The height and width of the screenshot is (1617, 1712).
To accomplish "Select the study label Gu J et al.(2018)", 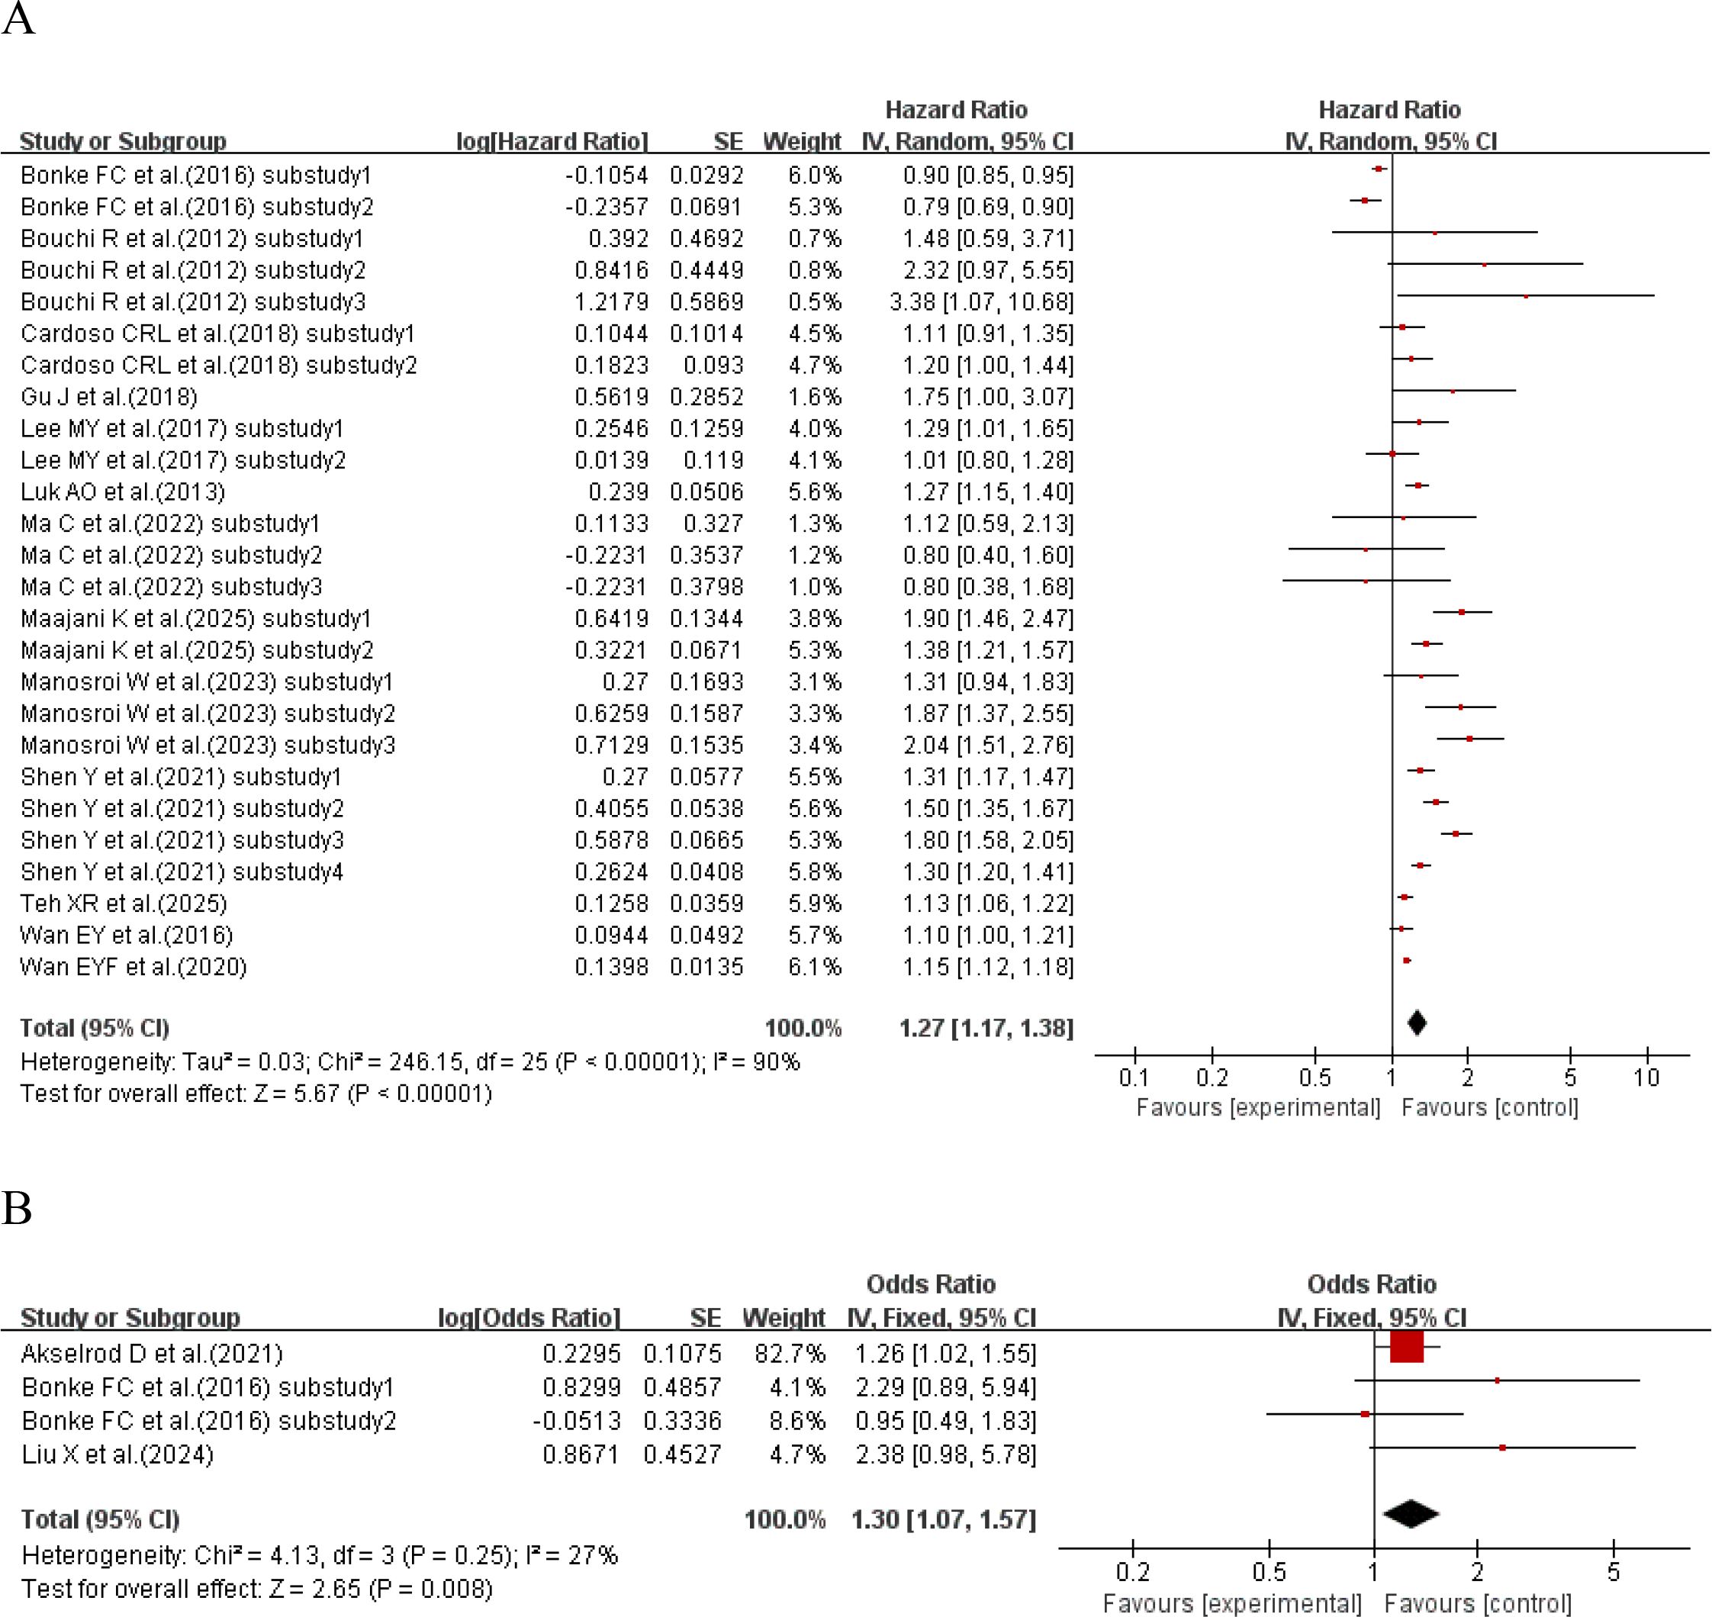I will pos(108,397).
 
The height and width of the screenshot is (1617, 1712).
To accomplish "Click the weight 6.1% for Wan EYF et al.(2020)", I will pos(814,966).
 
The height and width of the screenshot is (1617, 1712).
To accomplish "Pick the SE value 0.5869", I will pos(706,301).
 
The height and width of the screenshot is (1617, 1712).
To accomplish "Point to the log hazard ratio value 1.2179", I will pos(611,301).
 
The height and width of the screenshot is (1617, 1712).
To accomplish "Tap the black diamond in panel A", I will pos(1417,1023).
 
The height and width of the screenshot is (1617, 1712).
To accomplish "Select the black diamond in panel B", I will pos(1411,1513).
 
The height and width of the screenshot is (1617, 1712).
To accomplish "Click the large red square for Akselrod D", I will pos(1406,1347).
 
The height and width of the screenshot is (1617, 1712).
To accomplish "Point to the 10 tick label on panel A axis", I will pos(1646,1077).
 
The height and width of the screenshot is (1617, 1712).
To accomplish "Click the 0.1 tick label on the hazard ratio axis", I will pos(1134,1077).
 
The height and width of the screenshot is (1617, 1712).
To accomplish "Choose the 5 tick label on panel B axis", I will pos(1613,1572).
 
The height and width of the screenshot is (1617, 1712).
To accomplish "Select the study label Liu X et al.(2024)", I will pos(117,1454).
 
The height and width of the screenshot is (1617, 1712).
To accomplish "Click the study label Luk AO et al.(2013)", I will pos(122,491).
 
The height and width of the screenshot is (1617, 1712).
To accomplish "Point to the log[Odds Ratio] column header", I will pos(529,1317).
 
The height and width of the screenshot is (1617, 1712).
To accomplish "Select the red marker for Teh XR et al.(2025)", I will pos(1405,897).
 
